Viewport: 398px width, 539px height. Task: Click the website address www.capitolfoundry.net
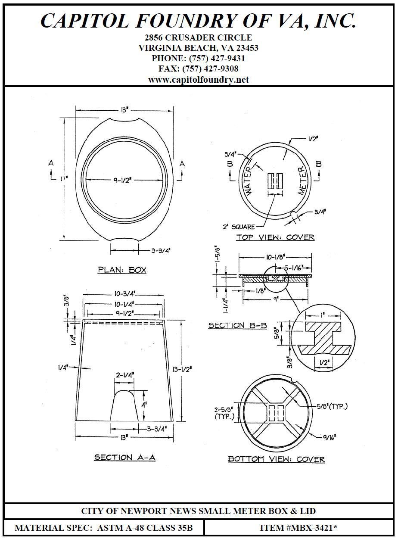[x=199, y=80]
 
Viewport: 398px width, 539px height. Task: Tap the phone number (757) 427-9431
[x=217, y=58]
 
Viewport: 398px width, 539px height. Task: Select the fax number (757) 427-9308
[x=210, y=69]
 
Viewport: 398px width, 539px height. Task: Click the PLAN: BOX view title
[x=122, y=270]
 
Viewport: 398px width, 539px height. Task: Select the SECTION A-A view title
[x=124, y=458]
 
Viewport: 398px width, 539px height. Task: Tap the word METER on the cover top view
[x=302, y=181]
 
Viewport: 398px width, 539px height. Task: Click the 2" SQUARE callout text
[x=239, y=227]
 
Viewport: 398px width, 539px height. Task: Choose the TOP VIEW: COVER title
[x=275, y=237]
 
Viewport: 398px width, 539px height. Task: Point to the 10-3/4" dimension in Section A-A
[x=124, y=294]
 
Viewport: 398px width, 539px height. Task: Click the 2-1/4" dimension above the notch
[x=124, y=374]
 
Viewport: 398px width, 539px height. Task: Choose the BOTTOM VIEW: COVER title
[x=276, y=459]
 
